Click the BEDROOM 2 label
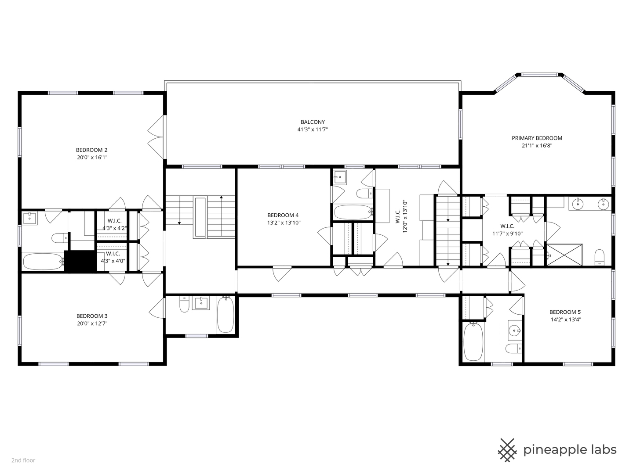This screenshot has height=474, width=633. [x=91, y=150]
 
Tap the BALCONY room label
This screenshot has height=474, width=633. [x=313, y=122]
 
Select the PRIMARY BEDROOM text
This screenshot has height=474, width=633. [x=537, y=138]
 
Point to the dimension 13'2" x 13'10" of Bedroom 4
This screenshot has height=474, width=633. [x=284, y=223]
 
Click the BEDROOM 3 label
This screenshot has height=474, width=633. [x=91, y=316]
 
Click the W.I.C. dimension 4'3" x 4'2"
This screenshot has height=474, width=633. [x=112, y=228]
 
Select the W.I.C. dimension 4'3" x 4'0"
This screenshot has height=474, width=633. [x=113, y=261]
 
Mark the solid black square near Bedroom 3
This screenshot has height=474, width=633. [x=80, y=261]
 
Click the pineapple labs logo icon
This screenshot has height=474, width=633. [x=507, y=450]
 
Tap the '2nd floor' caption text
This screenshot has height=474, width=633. [x=23, y=460]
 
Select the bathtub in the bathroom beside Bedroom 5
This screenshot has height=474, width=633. [x=473, y=342]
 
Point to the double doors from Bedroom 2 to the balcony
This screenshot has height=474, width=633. [x=156, y=137]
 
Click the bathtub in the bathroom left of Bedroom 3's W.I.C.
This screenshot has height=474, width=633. [x=43, y=262]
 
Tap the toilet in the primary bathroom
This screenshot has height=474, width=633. [x=600, y=258]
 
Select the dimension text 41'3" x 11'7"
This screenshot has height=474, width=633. [x=313, y=129]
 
